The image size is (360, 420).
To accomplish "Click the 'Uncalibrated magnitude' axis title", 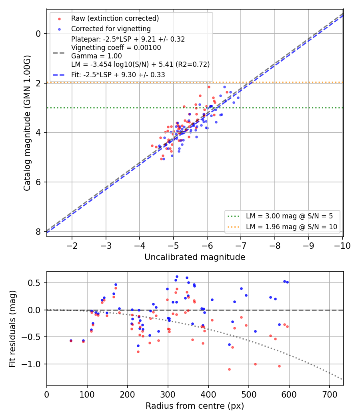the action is pyautogui.click(x=195, y=257).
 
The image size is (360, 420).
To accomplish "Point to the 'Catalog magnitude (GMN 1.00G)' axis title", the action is pyautogui.click(x=27, y=123).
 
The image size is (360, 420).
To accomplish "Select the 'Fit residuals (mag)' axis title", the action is pyautogui.click(x=12, y=329).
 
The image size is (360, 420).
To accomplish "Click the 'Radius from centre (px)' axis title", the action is pyautogui.click(x=195, y=406).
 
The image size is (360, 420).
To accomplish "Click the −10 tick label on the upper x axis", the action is pyautogui.click(x=342, y=246).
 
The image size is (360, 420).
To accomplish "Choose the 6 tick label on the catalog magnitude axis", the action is pyautogui.click(x=38, y=182).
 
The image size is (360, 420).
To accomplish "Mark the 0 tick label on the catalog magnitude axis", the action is pyautogui.click(x=38, y=34).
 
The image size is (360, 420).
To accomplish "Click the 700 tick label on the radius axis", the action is pyautogui.click(x=330, y=394).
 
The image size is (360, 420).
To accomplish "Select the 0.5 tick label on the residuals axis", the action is pyautogui.click(x=35, y=283).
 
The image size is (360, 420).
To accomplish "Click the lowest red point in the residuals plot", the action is pyautogui.click(x=229, y=369).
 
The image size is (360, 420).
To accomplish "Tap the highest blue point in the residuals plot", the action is pyautogui.click(x=177, y=277).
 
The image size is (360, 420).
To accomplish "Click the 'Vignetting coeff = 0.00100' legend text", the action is pyautogui.click(x=116, y=48).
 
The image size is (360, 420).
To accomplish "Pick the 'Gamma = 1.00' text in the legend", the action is pyautogui.click(x=96, y=56).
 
